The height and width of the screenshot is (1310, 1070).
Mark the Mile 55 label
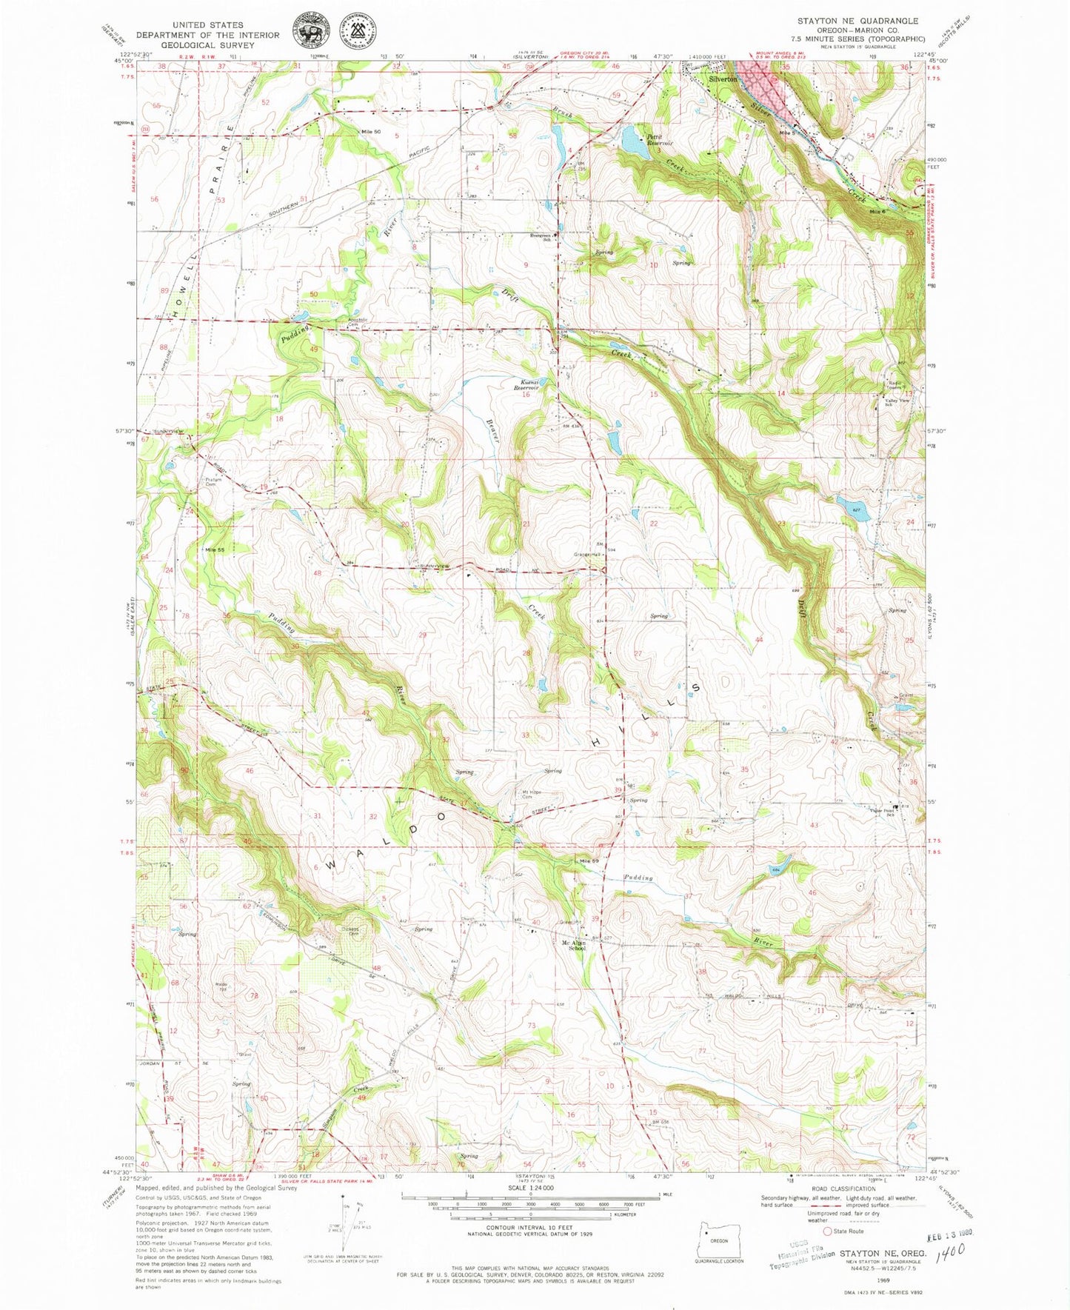coord(215,549)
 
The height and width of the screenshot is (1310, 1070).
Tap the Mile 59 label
coord(589,861)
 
